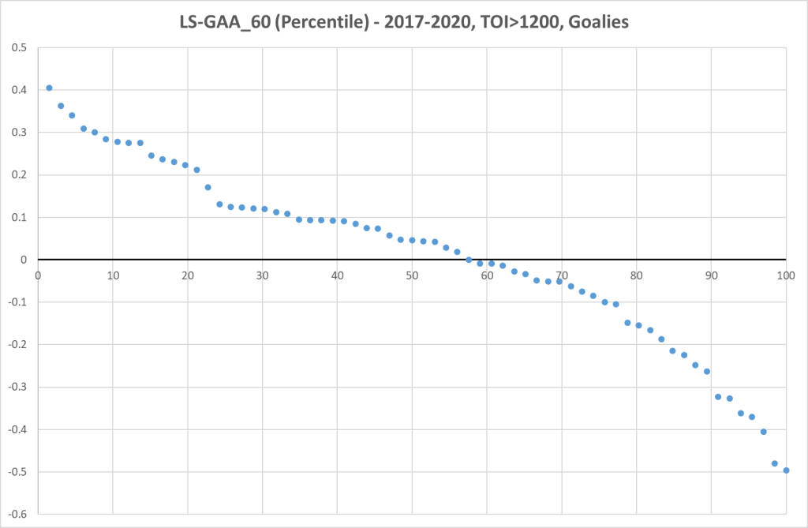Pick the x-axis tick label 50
[x=412, y=275]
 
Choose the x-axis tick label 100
[x=785, y=275]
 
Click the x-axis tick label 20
[x=187, y=275]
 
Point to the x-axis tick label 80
[x=636, y=275]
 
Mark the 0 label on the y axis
[x=24, y=260]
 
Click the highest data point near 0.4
[x=49, y=88]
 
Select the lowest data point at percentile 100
[x=786, y=470]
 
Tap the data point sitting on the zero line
[x=469, y=260]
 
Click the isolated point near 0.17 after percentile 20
[x=208, y=187]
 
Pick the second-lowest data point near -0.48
[x=774, y=463]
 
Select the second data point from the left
[x=61, y=106]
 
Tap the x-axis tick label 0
[x=38, y=275]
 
